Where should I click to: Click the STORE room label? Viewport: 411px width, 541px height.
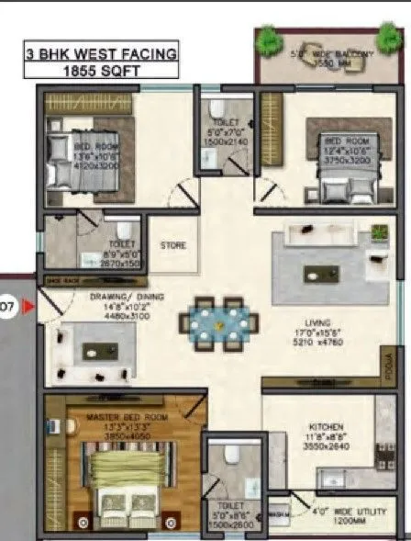(173, 245)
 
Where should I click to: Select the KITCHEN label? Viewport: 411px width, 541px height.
(326, 427)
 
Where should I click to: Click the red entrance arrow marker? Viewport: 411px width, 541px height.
(28, 305)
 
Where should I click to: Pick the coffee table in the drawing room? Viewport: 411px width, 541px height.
(96, 349)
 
